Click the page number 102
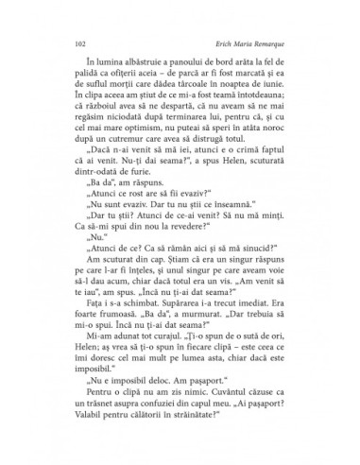point(77,43)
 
